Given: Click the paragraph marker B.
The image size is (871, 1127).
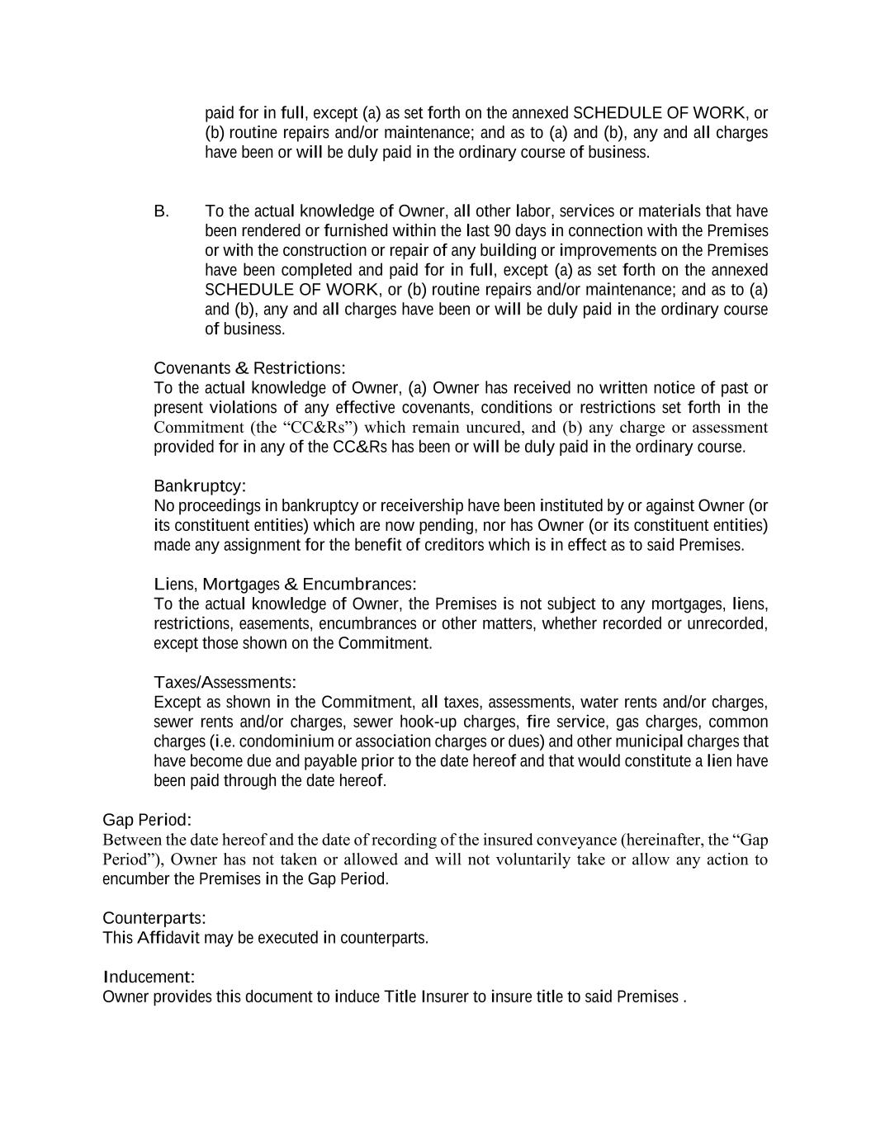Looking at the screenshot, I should tap(161, 211).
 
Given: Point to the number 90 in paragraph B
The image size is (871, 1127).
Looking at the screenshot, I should tap(502, 231).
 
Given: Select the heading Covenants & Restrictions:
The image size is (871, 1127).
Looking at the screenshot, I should tap(249, 368).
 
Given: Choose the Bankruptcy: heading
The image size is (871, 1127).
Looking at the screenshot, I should tap(200, 486).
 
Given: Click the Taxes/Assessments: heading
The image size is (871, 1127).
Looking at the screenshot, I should tap(225, 683).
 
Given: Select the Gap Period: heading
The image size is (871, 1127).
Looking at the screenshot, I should tap(147, 821).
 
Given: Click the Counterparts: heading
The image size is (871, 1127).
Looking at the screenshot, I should tap(154, 919).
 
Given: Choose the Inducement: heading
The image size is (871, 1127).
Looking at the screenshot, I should tap(149, 978).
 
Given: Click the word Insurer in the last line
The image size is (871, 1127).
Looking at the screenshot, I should tap(445, 997).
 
